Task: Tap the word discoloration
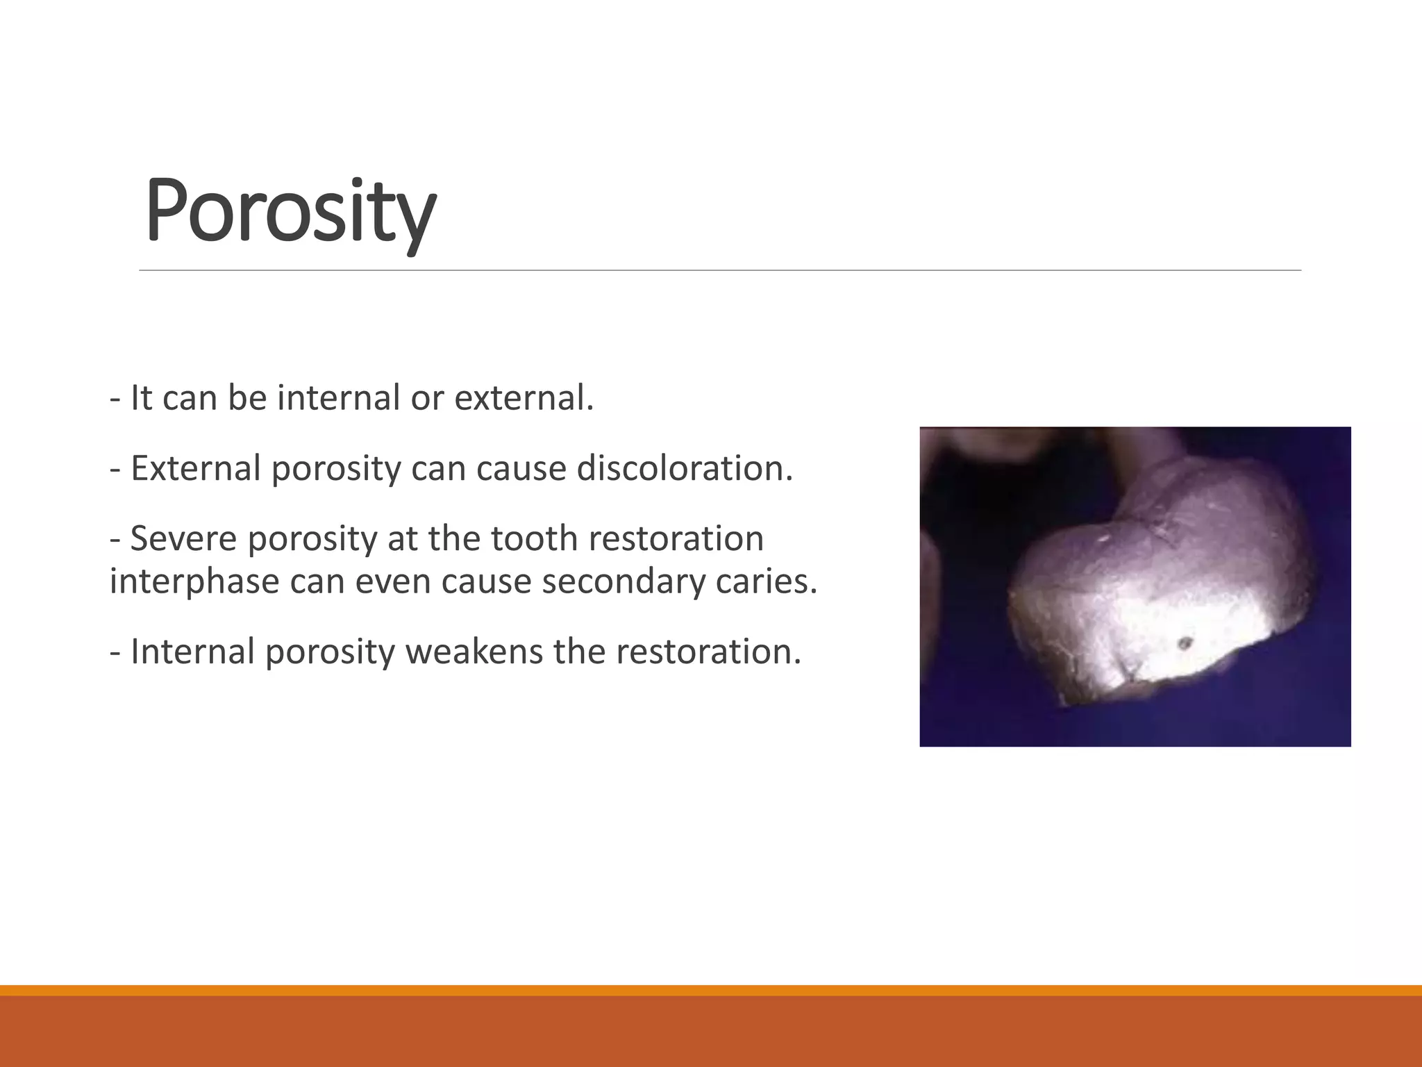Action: click(685, 469)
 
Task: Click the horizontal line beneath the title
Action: click(719, 270)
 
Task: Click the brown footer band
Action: click(711, 1032)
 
